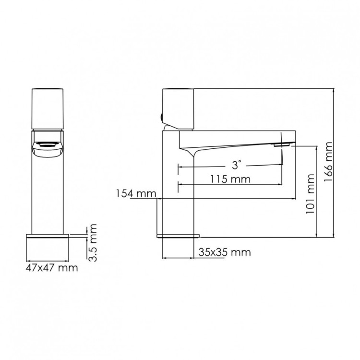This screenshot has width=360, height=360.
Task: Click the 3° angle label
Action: point(236,166)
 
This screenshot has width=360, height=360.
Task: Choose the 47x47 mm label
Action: point(51,268)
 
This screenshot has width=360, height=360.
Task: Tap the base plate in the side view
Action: point(178,236)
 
